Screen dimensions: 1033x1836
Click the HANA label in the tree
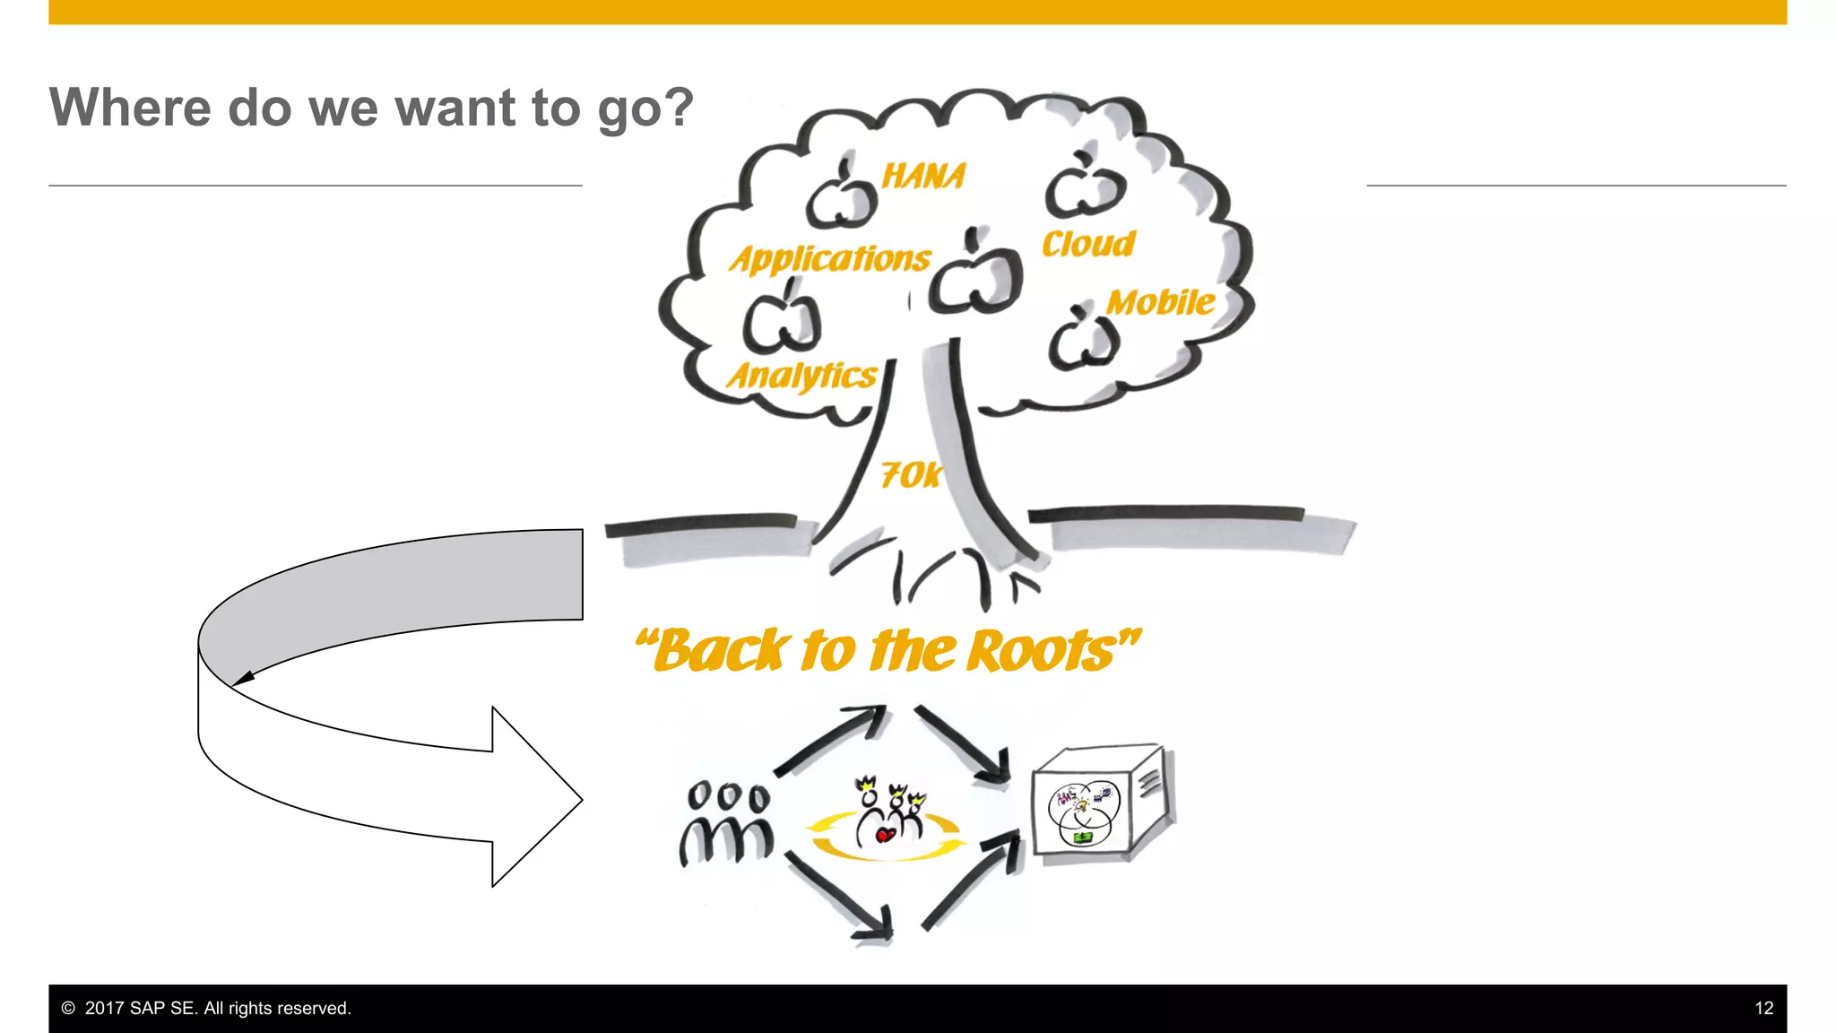coord(923,176)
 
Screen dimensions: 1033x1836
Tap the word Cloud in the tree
coord(1088,244)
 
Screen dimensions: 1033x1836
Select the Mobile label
coord(1161,302)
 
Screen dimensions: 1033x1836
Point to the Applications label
coord(830,259)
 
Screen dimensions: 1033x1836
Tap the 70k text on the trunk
coord(911,474)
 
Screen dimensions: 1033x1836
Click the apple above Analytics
coord(782,321)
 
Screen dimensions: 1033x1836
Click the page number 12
coord(1763,1008)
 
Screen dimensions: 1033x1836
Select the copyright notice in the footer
coord(206,1008)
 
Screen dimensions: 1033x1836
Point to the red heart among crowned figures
coord(885,836)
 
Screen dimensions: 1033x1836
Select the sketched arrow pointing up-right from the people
coord(829,740)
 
